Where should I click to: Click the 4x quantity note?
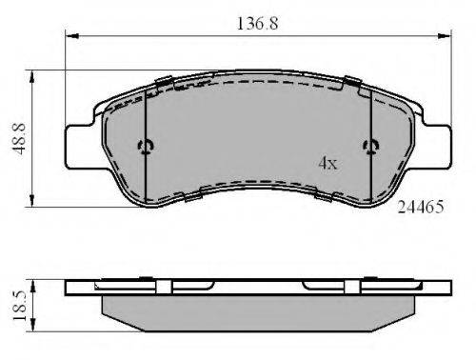327,164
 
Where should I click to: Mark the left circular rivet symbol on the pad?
146,146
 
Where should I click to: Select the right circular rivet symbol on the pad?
370,146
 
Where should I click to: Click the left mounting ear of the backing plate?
80,145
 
